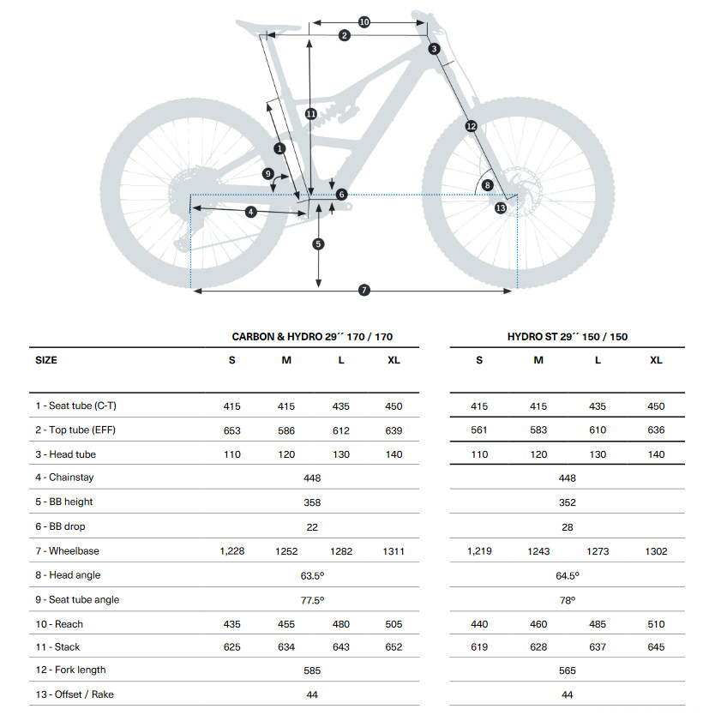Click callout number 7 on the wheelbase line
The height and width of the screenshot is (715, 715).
[x=364, y=291]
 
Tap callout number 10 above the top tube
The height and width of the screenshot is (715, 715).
[x=364, y=21]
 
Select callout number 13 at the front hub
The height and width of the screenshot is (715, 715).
[x=500, y=207]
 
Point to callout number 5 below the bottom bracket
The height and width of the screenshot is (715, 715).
[x=318, y=244]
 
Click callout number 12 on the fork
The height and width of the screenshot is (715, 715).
[x=471, y=126]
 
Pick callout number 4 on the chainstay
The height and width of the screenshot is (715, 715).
[x=251, y=211]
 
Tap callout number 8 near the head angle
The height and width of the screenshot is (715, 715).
[x=487, y=184]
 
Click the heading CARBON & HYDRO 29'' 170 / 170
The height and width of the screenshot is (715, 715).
[x=312, y=337]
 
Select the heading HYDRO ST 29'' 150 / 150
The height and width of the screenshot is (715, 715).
[x=567, y=337]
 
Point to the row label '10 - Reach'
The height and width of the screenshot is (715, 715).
[x=59, y=624]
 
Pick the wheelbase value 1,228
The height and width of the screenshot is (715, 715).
[x=232, y=551]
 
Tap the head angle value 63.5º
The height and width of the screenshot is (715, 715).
[x=312, y=575]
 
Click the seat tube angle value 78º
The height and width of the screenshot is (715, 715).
[x=567, y=600]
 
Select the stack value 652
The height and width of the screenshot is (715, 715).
[x=394, y=647]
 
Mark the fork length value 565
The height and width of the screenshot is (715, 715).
[x=567, y=670]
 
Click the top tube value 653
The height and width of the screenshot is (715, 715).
[x=232, y=430]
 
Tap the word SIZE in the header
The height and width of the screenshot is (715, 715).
[x=46, y=360]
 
